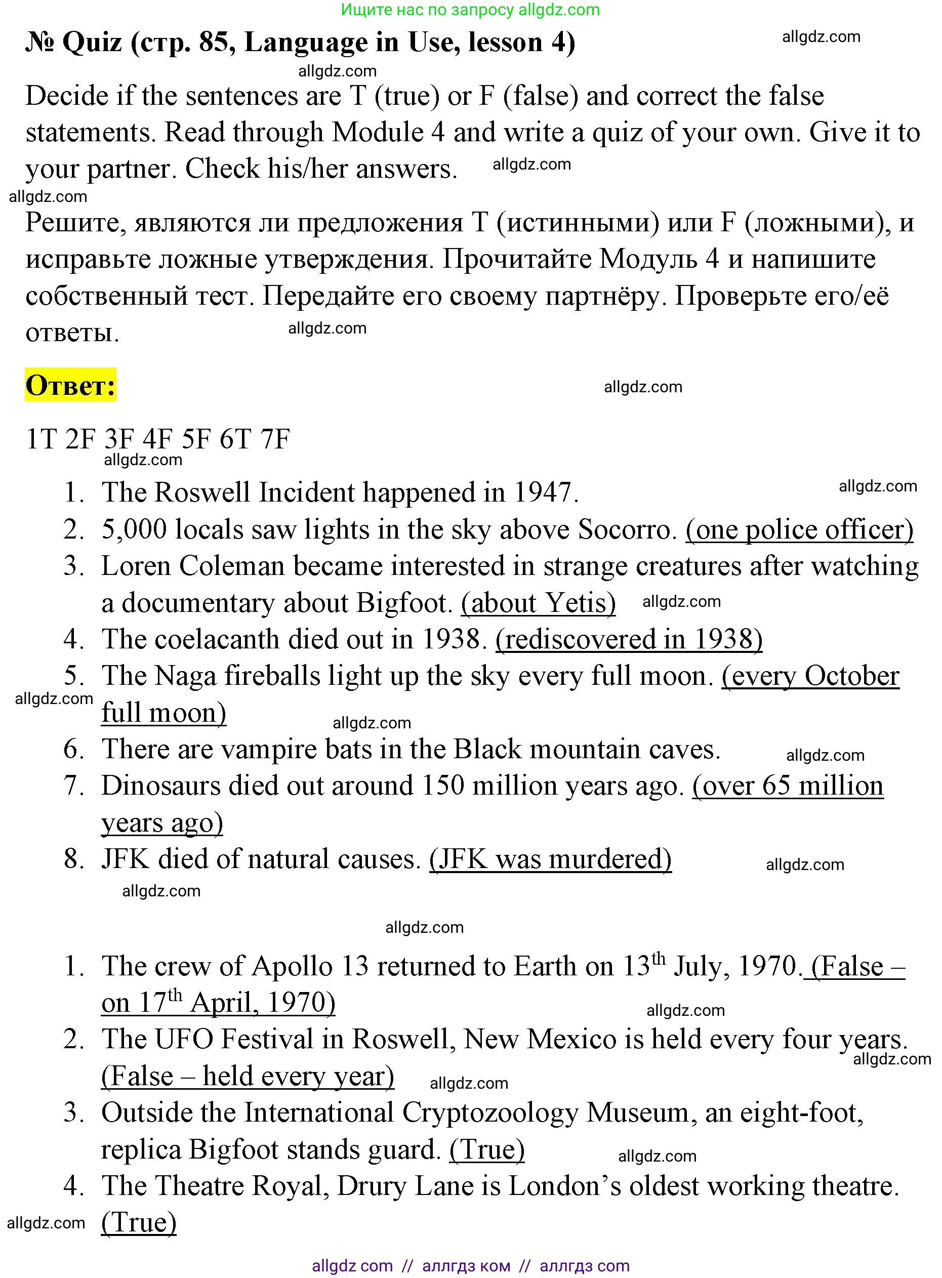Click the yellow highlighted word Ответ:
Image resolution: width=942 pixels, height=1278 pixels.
70,386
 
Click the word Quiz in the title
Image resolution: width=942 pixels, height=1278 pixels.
92,42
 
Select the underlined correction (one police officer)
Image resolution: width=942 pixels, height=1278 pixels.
799,529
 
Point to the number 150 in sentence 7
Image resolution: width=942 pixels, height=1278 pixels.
443,786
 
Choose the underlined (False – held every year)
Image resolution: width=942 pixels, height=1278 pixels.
248,1076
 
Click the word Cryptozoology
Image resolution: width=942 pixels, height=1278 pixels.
490,1112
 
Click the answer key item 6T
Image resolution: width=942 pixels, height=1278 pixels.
235,439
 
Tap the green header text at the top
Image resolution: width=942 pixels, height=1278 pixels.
470,9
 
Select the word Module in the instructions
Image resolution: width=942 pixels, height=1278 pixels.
378,132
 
